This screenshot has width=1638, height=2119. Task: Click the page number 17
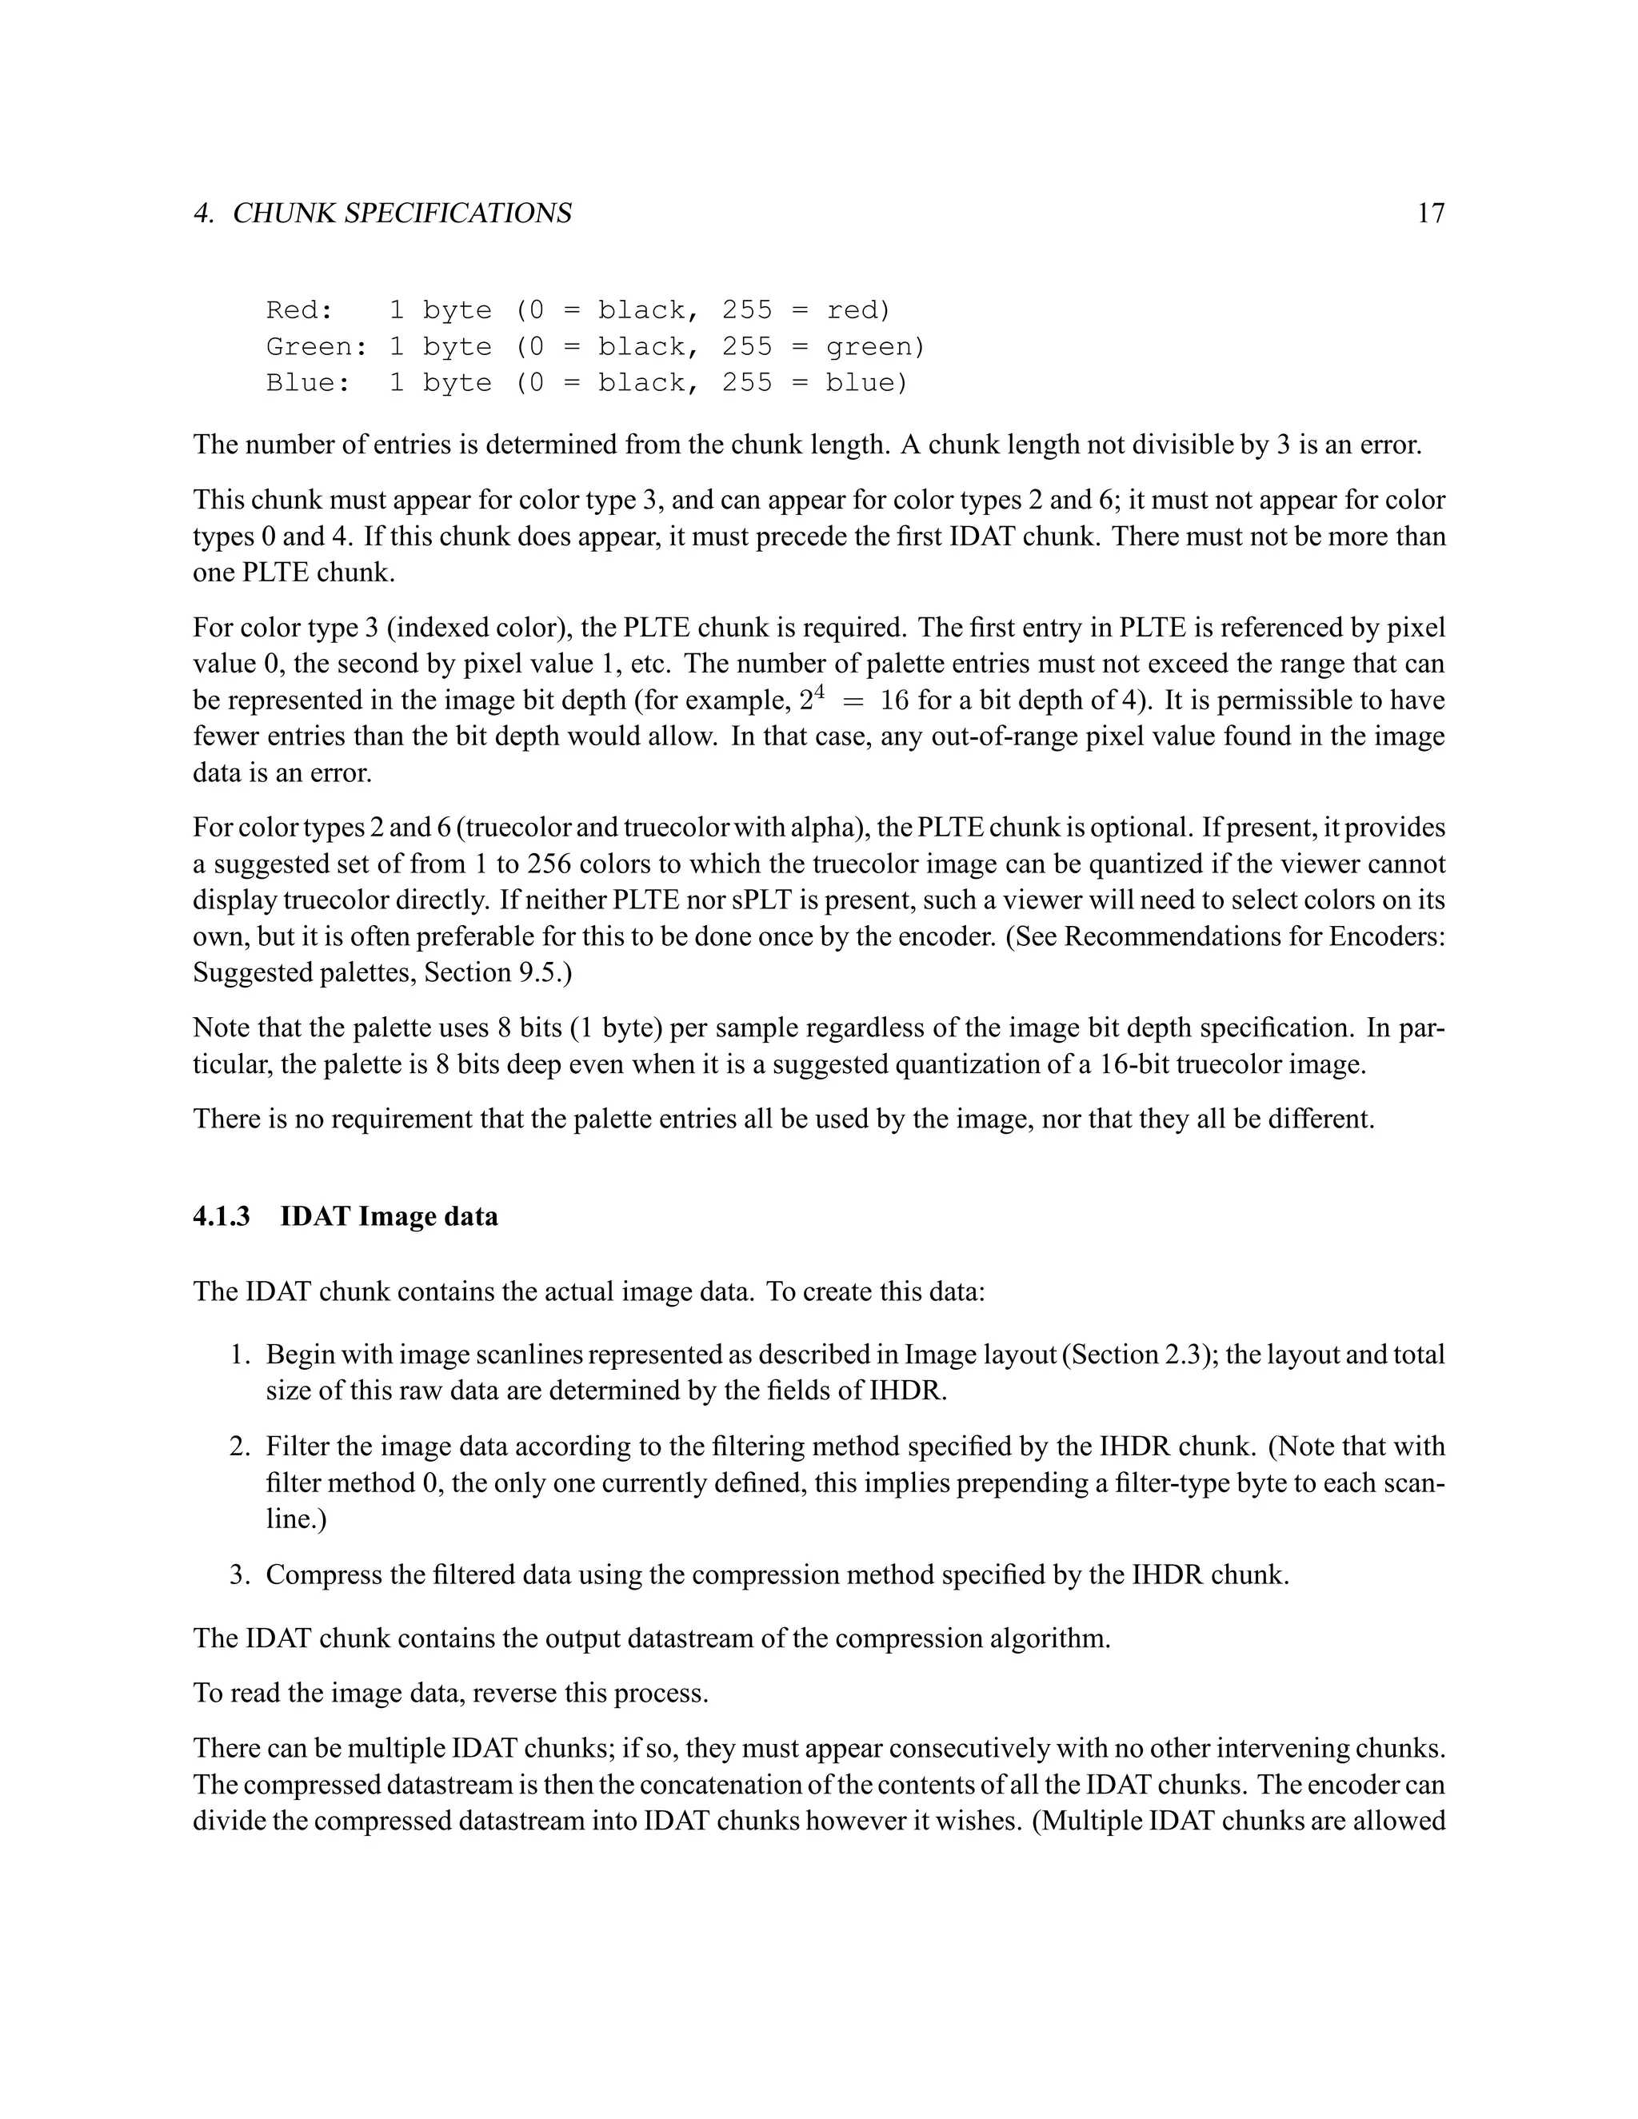(x=1430, y=213)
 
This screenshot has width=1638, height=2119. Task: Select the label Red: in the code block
(x=300, y=310)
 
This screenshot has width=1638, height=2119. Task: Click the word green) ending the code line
(x=875, y=346)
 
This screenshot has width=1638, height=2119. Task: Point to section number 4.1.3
(x=222, y=1217)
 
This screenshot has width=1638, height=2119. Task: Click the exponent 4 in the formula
(x=818, y=691)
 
